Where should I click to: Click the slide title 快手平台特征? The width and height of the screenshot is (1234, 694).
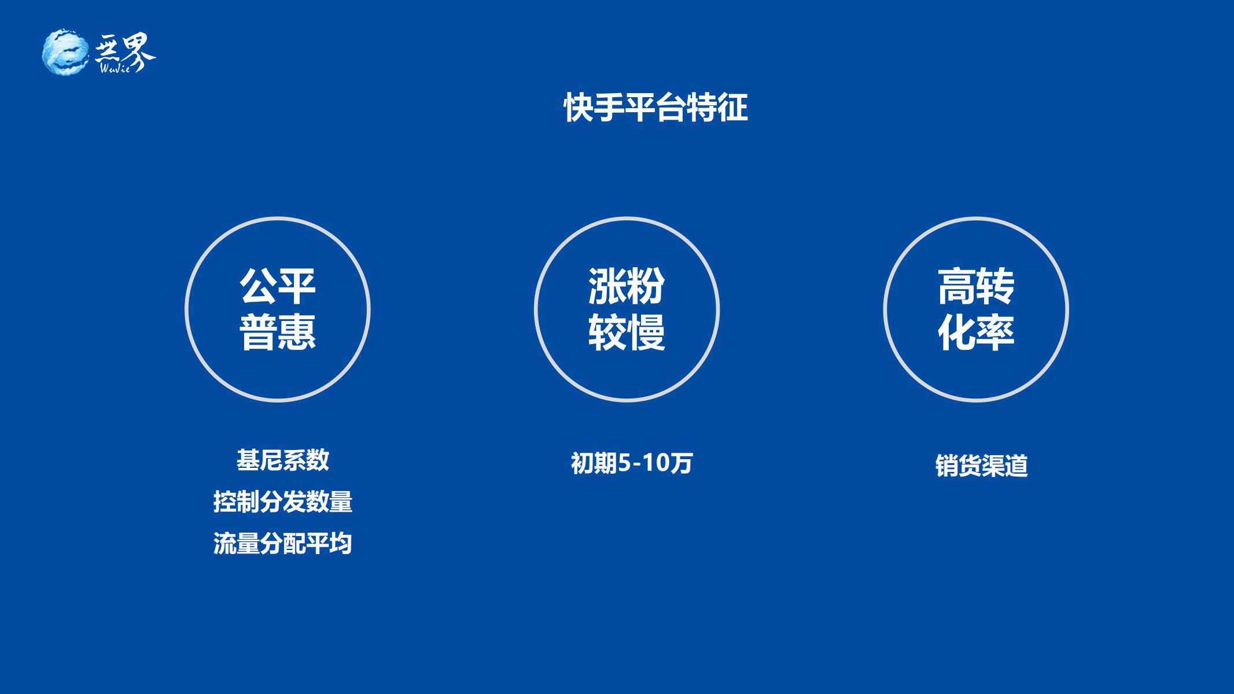655,108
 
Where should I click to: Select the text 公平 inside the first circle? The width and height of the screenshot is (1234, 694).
278,286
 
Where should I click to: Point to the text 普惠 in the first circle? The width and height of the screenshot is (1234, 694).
278,332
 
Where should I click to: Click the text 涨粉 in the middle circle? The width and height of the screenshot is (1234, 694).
627,286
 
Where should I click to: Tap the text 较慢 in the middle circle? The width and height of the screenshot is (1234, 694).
627,332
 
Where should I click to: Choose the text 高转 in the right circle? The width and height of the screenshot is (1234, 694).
976,286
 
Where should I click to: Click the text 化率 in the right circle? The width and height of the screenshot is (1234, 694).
976,332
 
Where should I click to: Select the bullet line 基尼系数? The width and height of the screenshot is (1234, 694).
283,460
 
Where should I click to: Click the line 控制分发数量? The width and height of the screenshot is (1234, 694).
283,502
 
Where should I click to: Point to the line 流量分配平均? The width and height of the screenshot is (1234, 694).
283,544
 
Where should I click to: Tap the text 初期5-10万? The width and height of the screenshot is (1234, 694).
632,463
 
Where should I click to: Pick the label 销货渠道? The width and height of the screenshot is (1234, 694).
982,466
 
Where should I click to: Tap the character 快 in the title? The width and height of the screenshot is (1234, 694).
579,108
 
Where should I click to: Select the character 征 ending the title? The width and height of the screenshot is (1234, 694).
733,108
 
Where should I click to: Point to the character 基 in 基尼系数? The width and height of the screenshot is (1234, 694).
248,460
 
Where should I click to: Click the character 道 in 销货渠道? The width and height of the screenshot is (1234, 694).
1017,466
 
